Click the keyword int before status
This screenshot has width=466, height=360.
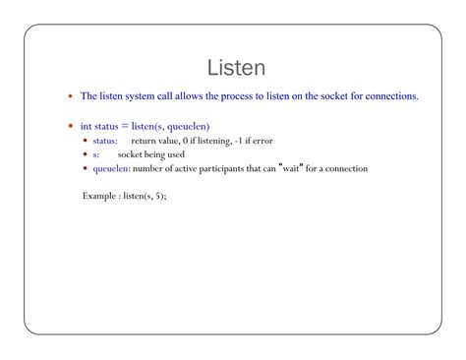tap(87, 126)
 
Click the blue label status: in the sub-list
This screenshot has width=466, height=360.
tap(105, 141)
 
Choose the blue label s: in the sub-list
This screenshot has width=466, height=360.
tap(96, 154)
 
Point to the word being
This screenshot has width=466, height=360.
tap(159, 154)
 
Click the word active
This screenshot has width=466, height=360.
tap(183, 168)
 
